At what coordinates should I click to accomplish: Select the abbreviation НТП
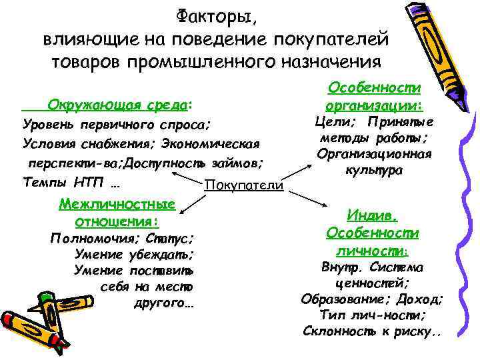tap(86, 181)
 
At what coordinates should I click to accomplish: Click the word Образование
tap(339, 299)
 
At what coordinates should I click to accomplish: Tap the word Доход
tap(415, 299)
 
